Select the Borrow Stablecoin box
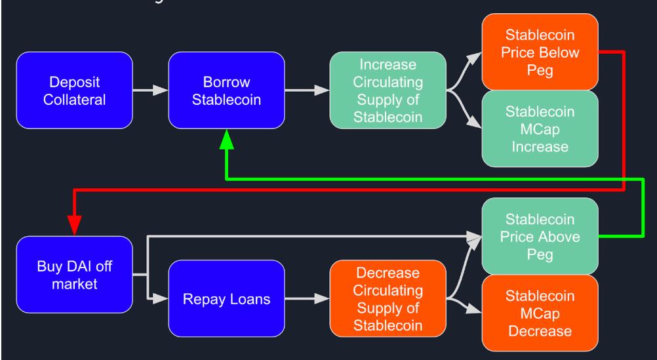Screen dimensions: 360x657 pyautogui.click(x=226, y=91)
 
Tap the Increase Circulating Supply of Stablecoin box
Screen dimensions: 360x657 pyautogui.click(x=388, y=91)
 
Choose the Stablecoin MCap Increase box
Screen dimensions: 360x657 pyautogui.click(x=540, y=129)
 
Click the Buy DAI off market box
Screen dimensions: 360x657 pyautogui.click(x=73, y=276)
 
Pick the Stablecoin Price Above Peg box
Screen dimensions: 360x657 pyautogui.click(x=540, y=236)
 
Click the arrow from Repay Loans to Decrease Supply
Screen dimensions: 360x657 pyautogui.click(x=307, y=298)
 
